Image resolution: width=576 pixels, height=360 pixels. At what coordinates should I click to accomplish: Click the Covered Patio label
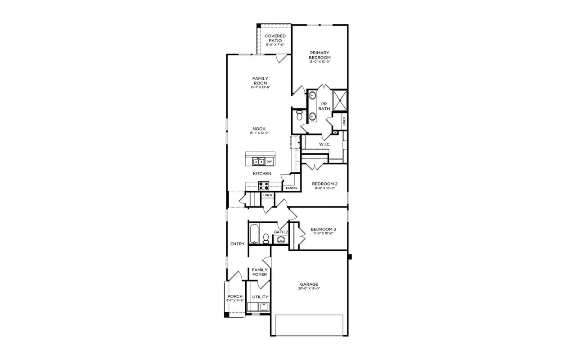(x=275, y=38)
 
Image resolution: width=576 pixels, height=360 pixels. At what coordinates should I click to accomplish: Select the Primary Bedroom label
(x=319, y=55)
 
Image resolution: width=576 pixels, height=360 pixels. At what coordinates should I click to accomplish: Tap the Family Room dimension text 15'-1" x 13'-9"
(x=260, y=87)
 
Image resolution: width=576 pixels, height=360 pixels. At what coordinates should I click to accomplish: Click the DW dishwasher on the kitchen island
(x=269, y=162)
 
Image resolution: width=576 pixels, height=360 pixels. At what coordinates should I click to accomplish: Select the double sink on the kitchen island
(x=258, y=162)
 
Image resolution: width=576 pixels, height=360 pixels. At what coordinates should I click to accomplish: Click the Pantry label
(x=291, y=188)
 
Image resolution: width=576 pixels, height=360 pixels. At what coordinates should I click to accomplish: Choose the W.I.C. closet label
(x=325, y=144)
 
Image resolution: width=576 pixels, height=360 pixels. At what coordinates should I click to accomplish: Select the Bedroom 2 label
(x=324, y=184)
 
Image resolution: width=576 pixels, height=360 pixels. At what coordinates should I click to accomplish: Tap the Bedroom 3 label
(x=324, y=229)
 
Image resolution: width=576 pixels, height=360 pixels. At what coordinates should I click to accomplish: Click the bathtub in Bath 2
(x=253, y=233)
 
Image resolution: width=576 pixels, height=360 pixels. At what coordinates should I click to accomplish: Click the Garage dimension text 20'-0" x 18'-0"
(x=309, y=288)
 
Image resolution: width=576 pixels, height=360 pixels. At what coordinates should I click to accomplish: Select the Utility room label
(x=260, y=297)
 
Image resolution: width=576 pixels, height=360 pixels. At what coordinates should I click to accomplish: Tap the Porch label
(x=235, y=296)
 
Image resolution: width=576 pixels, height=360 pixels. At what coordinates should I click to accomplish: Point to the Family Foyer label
(x=260, y=272)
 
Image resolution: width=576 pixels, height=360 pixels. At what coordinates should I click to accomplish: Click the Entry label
(x=238, y=244)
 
